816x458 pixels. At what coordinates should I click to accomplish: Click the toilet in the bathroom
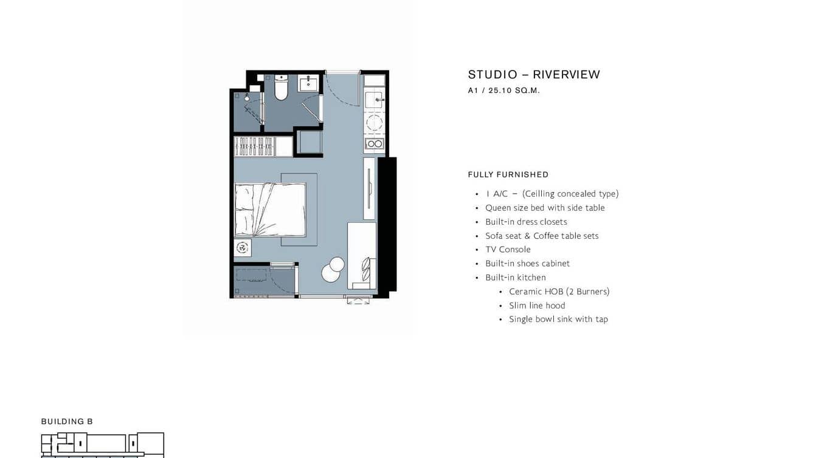coord(281,88)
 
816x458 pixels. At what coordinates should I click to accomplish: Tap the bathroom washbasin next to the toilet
coord(308,82)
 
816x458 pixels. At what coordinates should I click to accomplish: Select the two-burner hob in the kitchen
coord(374,144)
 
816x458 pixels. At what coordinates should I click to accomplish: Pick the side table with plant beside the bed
coord(243,248)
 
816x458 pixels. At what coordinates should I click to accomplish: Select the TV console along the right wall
coord(369,188)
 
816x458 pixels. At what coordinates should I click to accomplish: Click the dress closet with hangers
coord(255,146)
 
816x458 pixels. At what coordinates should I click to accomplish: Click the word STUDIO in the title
coord(493,75)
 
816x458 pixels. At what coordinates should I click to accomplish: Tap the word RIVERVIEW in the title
coord(566,75)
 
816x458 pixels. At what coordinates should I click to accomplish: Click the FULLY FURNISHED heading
coord(508,174)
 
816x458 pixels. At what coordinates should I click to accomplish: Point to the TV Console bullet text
coord(508,250)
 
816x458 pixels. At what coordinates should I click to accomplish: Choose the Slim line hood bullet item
coord(537,306)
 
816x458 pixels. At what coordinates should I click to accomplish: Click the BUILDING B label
coord(67,422)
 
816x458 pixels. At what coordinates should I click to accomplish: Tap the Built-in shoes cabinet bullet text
coord(527,264)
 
